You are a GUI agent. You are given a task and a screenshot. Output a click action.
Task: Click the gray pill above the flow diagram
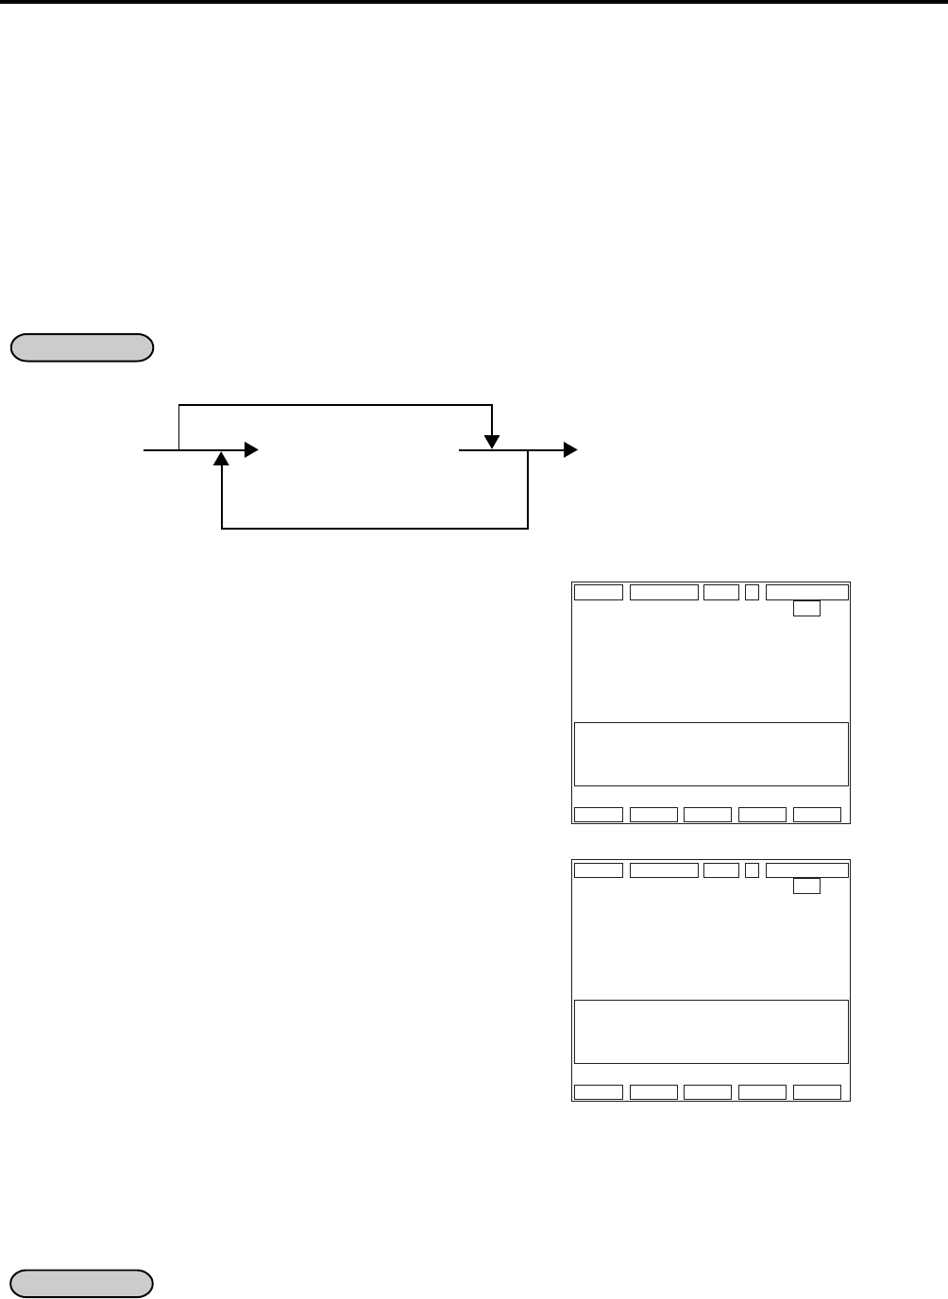(x=81, y=347)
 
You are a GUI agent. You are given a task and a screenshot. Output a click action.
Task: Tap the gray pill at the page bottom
(x=81, y=1284)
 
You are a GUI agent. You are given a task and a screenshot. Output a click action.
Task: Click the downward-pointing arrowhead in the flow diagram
(x=492, y=441)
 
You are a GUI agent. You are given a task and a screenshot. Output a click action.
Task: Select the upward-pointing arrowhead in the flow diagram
(x=221, y=460)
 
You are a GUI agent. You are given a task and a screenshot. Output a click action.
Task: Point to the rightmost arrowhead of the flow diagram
(x=569, y=450)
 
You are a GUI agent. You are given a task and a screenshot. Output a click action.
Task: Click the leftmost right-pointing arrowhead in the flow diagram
(x=250, y=450)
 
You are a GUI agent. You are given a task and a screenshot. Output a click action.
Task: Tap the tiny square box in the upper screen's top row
(x=752, y=593)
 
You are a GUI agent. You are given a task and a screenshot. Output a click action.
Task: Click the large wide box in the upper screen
(x=711, y=754)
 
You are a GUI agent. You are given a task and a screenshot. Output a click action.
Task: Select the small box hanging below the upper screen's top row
(x=806, y=609)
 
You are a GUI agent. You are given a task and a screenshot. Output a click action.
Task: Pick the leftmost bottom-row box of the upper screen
(x=599, y=815)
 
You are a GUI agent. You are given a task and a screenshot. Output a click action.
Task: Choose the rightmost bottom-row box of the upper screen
(x=817, y=815)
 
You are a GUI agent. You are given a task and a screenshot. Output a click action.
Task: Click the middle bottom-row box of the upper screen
(x=707, y=815)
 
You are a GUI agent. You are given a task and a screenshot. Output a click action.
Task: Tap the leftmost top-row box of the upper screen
(x=599, y=593)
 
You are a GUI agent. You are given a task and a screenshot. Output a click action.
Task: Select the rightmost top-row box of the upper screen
(x=806, y=593)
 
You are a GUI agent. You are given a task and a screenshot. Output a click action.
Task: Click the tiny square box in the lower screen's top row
(x=752, y=870)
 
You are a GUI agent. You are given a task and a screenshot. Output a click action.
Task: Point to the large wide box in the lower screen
(x=711, y=1032)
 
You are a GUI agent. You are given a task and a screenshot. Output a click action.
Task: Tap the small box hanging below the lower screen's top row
(x=806, y=886)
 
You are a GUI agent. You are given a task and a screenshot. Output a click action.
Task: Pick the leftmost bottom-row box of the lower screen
(x=599, y=1092)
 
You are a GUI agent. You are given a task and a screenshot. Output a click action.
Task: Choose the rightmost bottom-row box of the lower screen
(x=817, y=1092)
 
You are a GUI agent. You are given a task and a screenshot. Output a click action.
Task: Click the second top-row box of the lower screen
(x=664, y=870)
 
